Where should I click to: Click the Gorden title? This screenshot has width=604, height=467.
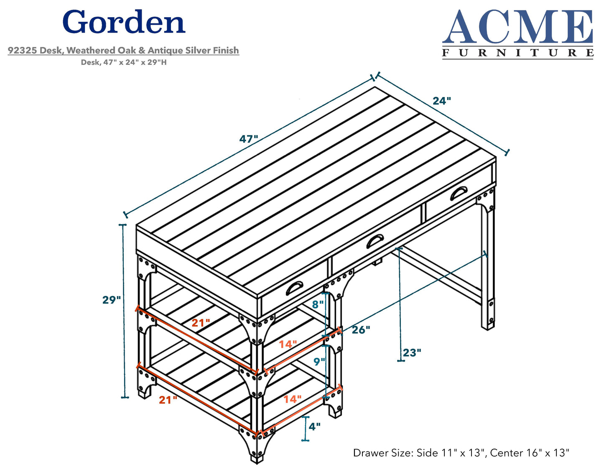pyautogui.click(x=124, y=23)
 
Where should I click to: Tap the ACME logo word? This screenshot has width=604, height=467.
pyautogui.click(x=517, y=27)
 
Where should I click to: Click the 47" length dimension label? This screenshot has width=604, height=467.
pyautogui.click(x=249, y=139)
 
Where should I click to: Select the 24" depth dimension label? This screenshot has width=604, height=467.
pyautogui.click(x=442, y=101)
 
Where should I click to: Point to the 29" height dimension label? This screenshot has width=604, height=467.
pyautogui.click(x=111, y=300)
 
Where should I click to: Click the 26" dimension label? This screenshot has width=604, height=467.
pyautogui.click(x=361, y=330)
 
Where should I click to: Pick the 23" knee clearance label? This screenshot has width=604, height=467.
pyautogui.click(x=411, y=352)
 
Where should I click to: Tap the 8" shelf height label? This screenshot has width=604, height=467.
pyautogui.click(x=318, y=304)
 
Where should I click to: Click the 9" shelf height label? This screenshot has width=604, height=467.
pyautogui.click(x=319, y=361)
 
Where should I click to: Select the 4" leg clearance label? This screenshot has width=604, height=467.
pyautogui.click(x=314, y=426)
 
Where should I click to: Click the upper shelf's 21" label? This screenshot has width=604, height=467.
pyautogui.click(x=201, y=323)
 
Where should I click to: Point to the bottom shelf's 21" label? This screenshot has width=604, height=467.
pyautogui.click(x=168, y=400)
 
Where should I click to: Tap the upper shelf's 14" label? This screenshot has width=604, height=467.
pyautogui.click(x=288, y=344)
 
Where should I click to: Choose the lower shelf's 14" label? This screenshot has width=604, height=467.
pyautogui.click(x=292, y=399)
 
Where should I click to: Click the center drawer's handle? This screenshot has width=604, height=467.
pyautogui.click(x=375, y=241)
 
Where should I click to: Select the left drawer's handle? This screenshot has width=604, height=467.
pyautogui.click(x=295, y=288)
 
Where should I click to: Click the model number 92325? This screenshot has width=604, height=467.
pyautogui.click(x=22, y=51)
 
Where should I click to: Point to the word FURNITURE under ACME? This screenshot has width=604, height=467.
pyautogui.click(x=517, y=53)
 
